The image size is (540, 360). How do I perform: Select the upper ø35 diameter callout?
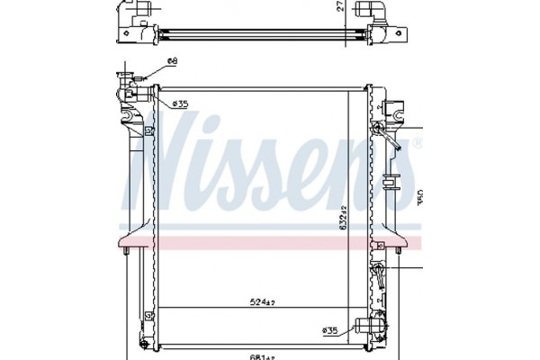click(179, 104)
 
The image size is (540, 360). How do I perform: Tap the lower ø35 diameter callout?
click(331, 330)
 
